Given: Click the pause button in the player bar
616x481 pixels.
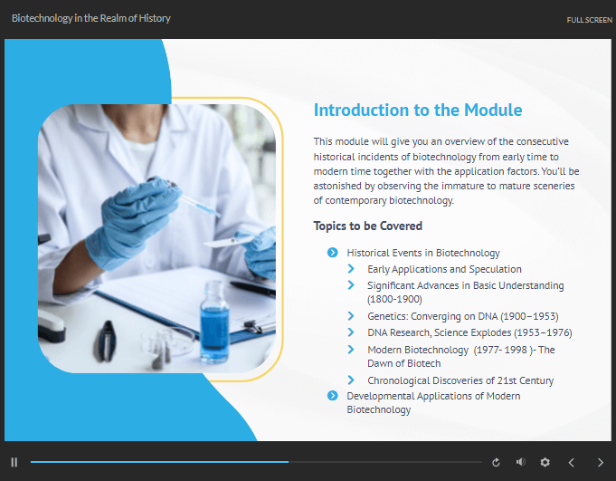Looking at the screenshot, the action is pyautogui.click(x=14, y=462).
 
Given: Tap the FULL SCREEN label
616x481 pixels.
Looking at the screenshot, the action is pyautogui.click(x=589, y=20).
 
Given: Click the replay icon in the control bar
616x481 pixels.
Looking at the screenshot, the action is pyautogui.click(x=496, y=463).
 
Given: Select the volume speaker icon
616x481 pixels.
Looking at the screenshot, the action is pyautogui.click(x=520, y=462).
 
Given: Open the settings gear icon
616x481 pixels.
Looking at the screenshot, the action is pyautogui.click(x=545, y=462).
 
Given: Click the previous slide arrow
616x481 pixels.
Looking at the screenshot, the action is pyautogui.click(x=571, y=463).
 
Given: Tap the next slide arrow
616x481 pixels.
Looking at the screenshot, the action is pyautogui.click(x=601, y=463).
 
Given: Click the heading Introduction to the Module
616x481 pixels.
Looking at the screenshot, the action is pyautogui.click(x=418, y=111).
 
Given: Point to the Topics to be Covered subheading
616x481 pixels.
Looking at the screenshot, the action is pyautogui.click(x=368, y=226).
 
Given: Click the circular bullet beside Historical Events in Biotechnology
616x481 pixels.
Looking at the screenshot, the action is pyautogui.click(x=332, y=253).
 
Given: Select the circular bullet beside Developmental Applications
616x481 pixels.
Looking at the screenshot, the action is pyautogui.click(x=332, y=396).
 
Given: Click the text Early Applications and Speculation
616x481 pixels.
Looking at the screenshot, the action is pyautogui.click(x=444, y=269).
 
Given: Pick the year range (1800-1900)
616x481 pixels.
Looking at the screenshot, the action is pyautogui.click(x=394, y=299).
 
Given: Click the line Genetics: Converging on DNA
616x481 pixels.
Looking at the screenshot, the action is pyautogui.click(x=463, y=317).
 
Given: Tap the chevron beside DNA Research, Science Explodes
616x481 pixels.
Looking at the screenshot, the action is pyautogui.click(x=351, y=332).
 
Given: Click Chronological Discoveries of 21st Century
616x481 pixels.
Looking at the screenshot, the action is pyautogui.click(x=460, y=380).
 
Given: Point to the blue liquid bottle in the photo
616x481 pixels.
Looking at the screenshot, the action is pyautogui.click(x=214, y=322).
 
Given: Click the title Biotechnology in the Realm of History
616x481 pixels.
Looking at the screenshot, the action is pyautogui.click(x=91, y=18).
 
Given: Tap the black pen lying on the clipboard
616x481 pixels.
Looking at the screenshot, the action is pyautogui.click(x=252, y=288).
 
